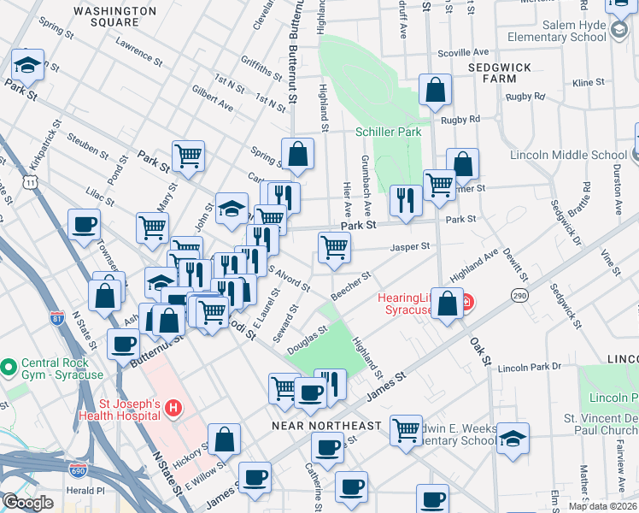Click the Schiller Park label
[389, 133]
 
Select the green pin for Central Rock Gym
[9, 367]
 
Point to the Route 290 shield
[519, 295]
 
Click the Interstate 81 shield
[57, 319]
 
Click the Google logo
[27, 503]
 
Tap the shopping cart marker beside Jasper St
[334, 248]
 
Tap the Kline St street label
[589, 83]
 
